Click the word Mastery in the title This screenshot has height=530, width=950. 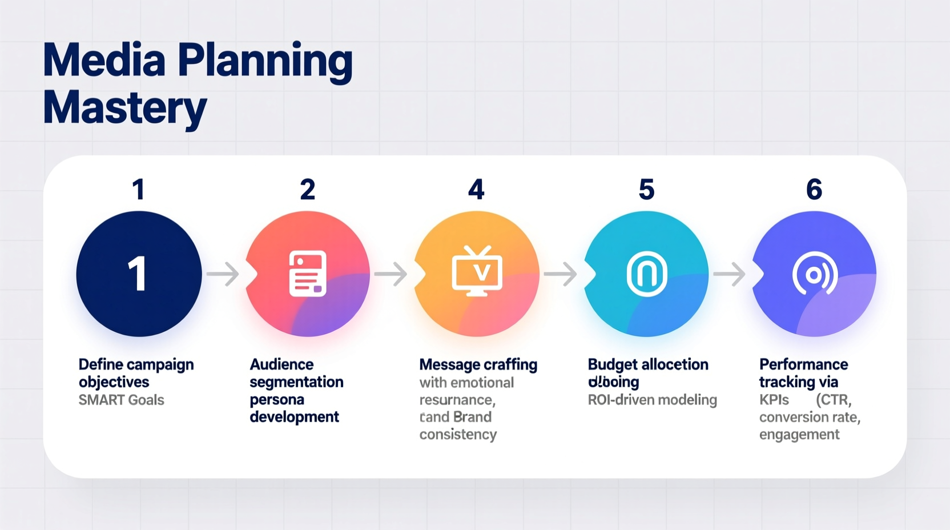(x=124, y=109)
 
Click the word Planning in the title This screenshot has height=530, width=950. (x=265, y=61)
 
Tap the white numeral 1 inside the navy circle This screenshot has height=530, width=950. (x=138, y=274)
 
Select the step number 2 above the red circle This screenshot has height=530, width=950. (x=308, y=190)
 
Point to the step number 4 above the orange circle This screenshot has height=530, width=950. (x=476, y=190)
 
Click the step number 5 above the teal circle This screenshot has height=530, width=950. (x=646, y=190)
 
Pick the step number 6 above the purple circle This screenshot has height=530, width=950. (x=814, y=190)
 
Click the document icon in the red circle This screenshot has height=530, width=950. (x=308, y=274)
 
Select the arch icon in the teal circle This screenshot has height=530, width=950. (x=646, y=274)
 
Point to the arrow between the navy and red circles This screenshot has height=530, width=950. (x=223, y=274)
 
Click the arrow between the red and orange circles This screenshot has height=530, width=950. (x=391, y=274)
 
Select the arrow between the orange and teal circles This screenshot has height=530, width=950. (x=561, y=274)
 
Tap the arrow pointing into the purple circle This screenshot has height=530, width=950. (x=730, y=274)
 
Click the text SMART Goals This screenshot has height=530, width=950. (x=121, y=400)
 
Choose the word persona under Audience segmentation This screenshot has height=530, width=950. (x=277, y=400)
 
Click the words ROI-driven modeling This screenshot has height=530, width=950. (x=652, y=400)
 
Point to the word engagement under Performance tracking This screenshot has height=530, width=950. (x=799, y=435)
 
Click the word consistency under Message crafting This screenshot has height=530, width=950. (x=458, y=435)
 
